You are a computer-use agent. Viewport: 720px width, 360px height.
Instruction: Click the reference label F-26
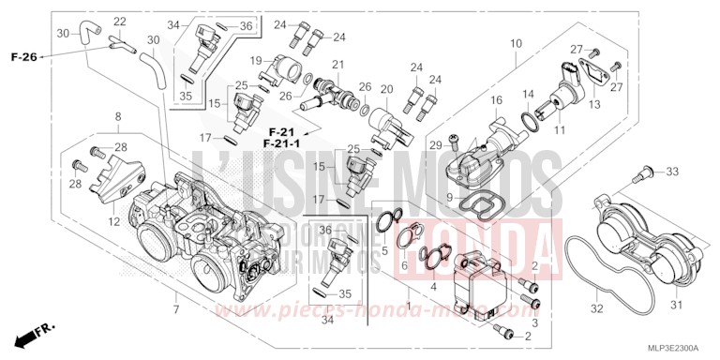[24, 58]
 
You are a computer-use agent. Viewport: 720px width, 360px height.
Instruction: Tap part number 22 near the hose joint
[120, 22]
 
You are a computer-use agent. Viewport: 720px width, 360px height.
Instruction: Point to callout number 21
[337, 64]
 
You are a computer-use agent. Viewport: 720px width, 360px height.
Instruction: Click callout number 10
[516, 43]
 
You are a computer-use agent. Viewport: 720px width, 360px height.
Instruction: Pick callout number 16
[497, 100]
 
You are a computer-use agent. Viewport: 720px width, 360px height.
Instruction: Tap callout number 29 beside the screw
[434, 144]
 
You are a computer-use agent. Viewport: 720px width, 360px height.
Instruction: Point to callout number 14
[527, 94]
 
